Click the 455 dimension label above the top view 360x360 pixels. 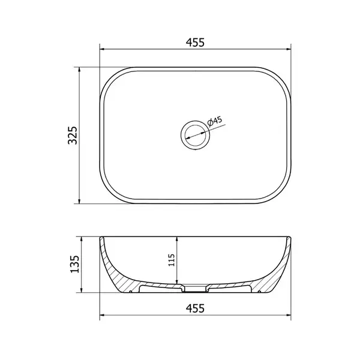195,43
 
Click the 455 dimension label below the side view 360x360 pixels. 195,308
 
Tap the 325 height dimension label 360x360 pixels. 73,135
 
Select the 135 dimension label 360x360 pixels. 74,264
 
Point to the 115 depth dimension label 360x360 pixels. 172,260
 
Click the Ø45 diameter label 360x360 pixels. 215,121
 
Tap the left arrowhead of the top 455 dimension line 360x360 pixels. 103,49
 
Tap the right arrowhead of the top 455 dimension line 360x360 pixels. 288,49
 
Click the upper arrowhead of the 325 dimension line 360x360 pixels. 79,70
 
